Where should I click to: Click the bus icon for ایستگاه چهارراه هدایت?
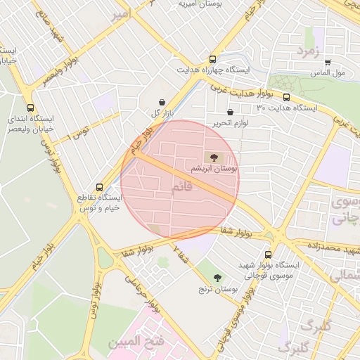coord(212,60)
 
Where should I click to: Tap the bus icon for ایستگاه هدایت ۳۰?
coord(287,97)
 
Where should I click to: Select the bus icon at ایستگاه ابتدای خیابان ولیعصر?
coord(30,108)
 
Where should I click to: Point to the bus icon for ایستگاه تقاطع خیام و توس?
coord(99,188)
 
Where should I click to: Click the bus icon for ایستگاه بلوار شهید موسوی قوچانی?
coord(268,255)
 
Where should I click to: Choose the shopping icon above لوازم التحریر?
coord(230,112)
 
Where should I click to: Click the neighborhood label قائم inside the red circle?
coord(181,188)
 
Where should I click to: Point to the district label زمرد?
coord(307,51)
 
